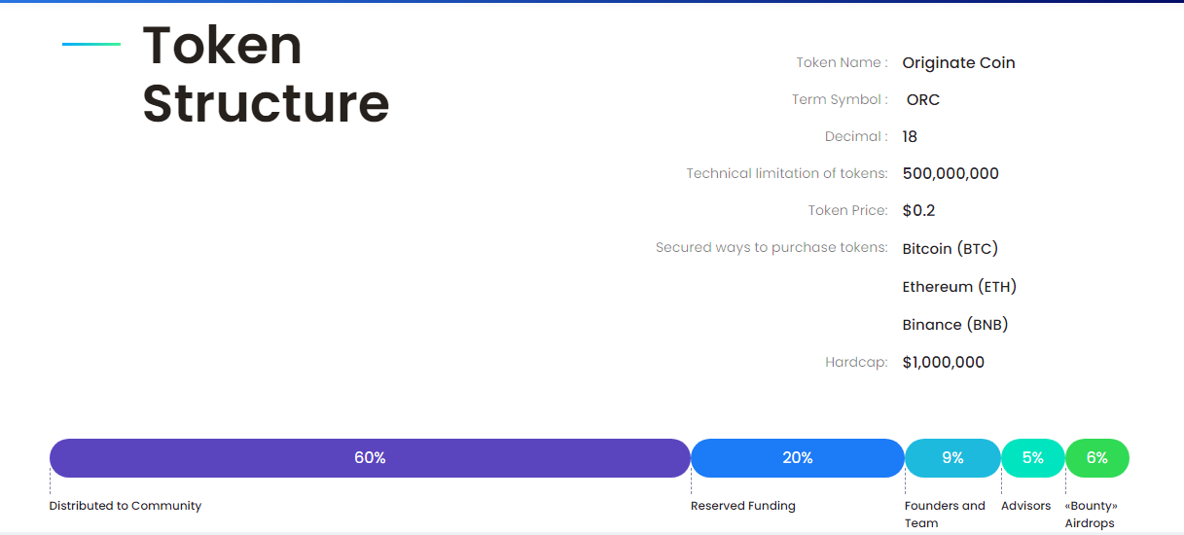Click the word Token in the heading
tap(222, 46)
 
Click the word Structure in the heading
tap(266, 103)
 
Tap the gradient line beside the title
tap(91, 44)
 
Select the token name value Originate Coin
tap(958, 63)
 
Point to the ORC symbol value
tap(923, 100)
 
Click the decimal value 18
tap(910, 137)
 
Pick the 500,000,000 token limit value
tap(951, 173)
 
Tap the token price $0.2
tap(918, 210)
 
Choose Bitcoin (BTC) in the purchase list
tap(950, 248)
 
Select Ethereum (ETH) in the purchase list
tap(959, 287)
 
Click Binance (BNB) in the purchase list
tap(955, 325)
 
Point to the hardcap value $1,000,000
tap(944, 362)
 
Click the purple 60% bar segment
tap(370, 458)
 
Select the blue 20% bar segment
tap(798, 458)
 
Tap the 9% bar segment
tap(953, 458)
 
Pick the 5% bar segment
tap(1033, 458)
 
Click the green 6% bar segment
tap(1097, 458)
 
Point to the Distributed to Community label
tap(126, 506)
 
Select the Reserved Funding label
tap(743, 506)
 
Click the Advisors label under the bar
tap(1026, 506)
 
